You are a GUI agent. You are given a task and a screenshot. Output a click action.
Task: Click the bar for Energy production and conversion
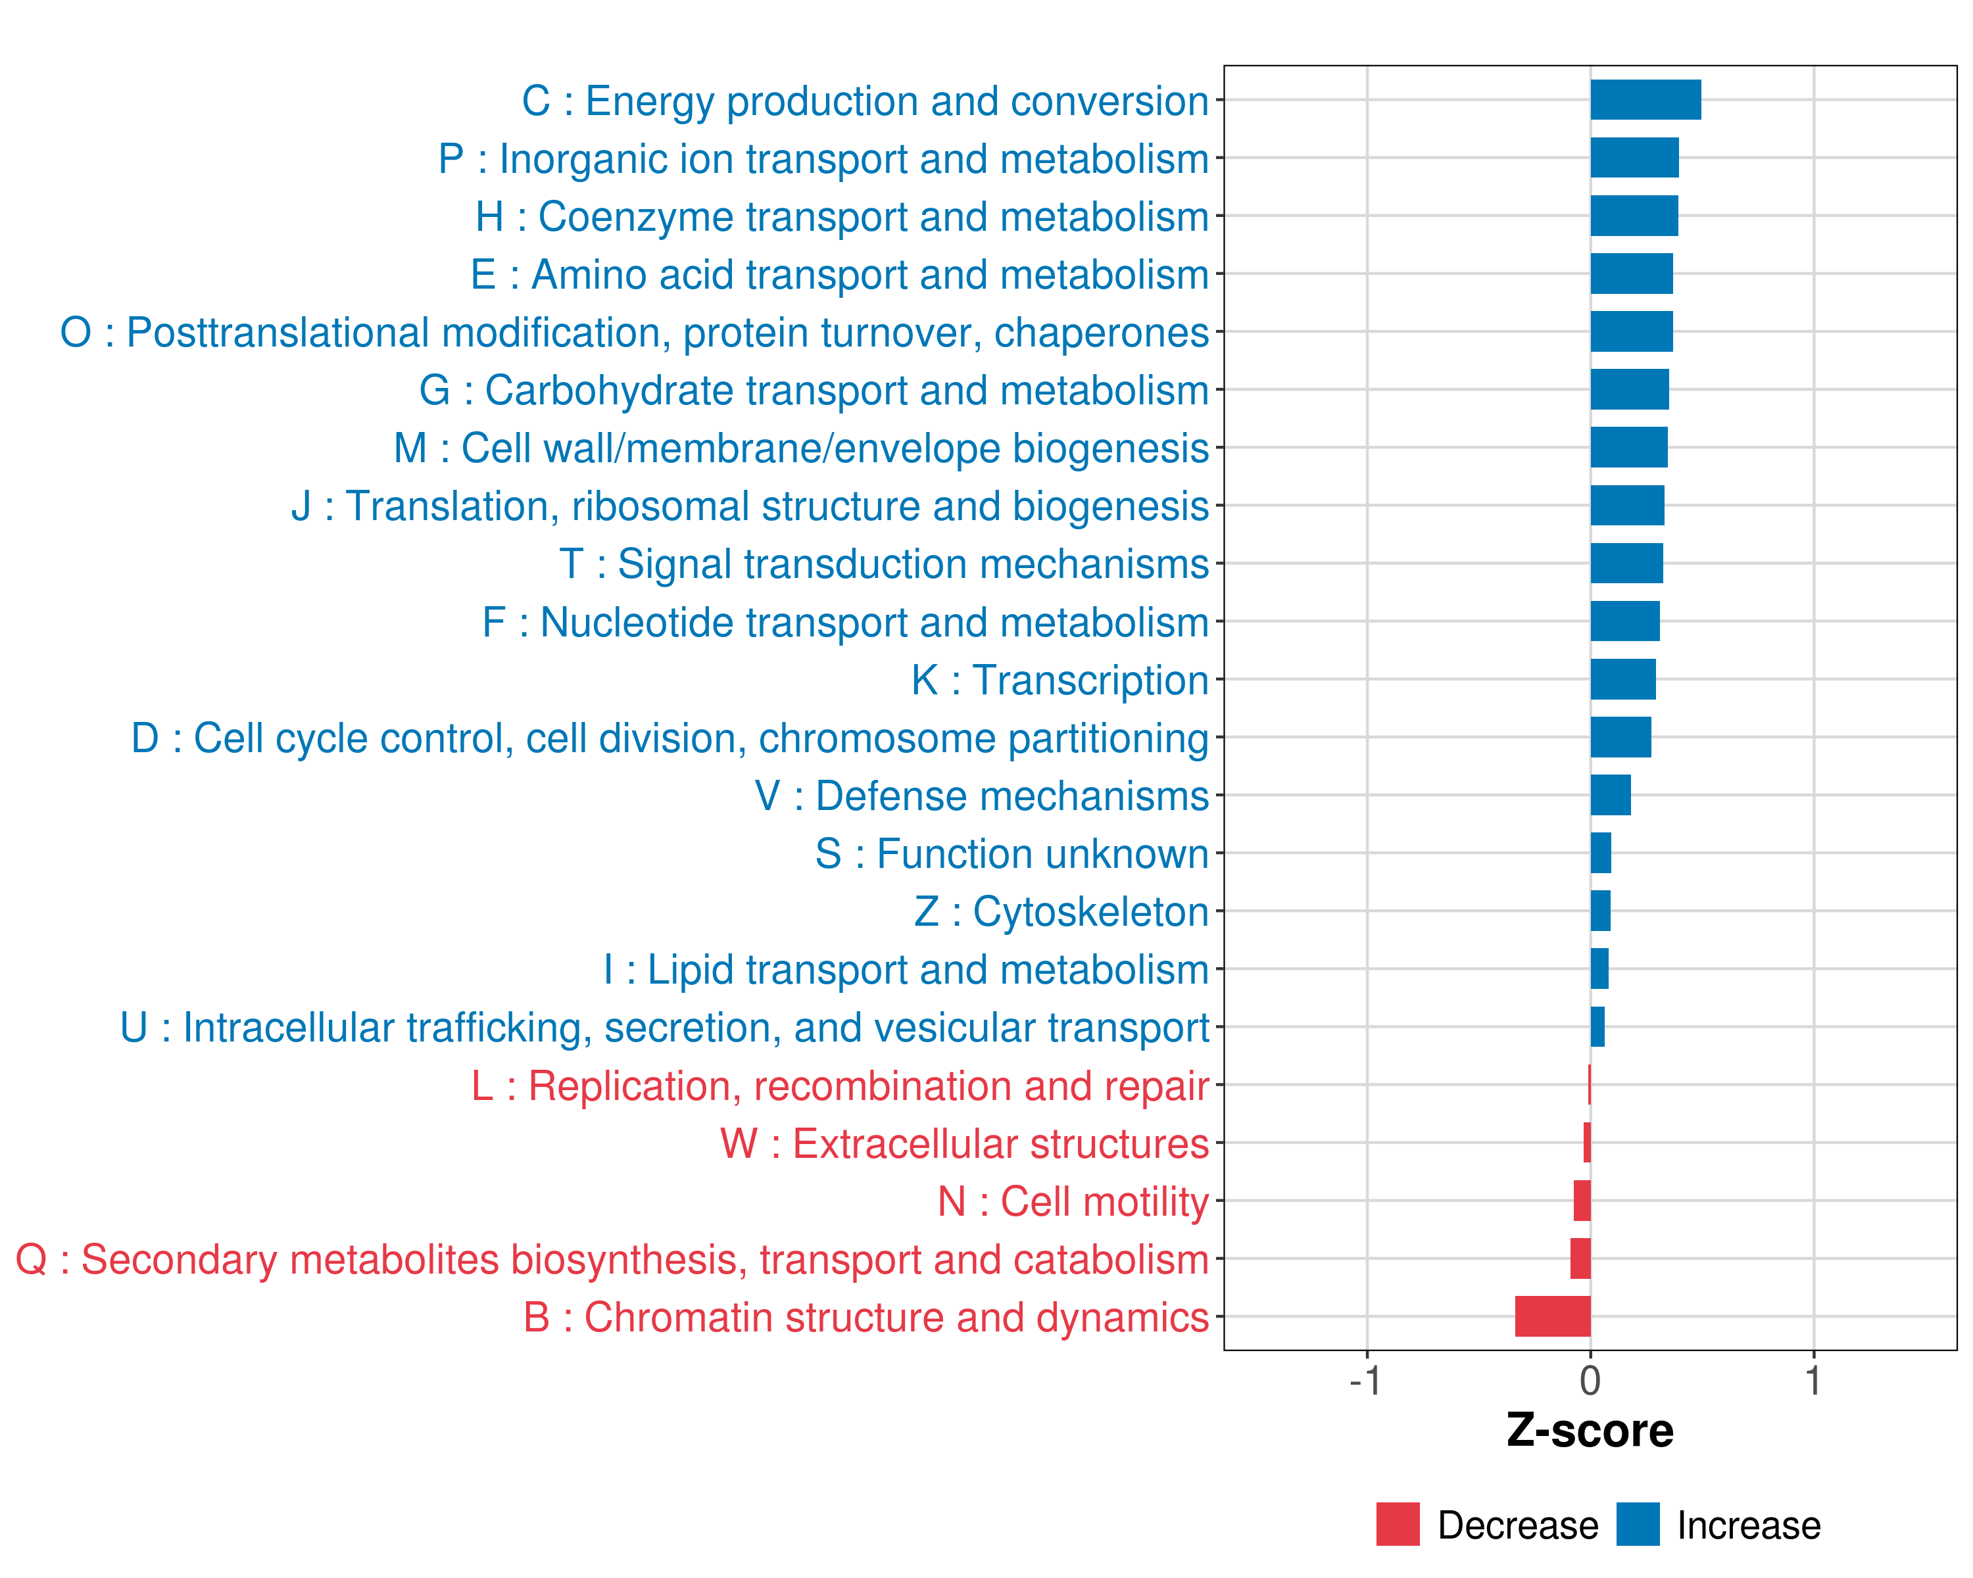point(1645,100)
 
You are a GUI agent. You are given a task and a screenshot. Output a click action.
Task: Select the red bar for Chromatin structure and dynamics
point(1553,1316)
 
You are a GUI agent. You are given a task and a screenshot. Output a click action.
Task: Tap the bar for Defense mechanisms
point(1611,795)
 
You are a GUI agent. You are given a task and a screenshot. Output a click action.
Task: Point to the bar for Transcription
point(1622,679)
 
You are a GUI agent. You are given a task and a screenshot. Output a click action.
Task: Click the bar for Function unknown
point(1601,853)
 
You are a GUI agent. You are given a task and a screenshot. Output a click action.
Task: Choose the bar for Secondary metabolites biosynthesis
point(1580,1258)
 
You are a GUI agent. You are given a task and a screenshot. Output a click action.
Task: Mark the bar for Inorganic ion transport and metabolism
point(1634,157)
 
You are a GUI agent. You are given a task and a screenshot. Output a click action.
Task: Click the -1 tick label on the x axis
point(1365,1380)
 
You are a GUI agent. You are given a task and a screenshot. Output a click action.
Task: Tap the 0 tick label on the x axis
point(1590,1380)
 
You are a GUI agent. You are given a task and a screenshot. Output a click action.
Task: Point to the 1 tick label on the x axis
point(1813,1380)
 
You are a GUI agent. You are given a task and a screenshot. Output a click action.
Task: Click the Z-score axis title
point(1590,1431)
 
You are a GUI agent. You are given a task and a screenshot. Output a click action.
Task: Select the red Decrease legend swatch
point(1398,1524)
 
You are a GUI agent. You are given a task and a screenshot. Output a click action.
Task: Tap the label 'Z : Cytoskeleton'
point(1061,912)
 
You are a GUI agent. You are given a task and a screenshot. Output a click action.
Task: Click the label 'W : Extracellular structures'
point(965,1143)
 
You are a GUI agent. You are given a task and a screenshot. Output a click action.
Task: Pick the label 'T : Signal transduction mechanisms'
point(884,564)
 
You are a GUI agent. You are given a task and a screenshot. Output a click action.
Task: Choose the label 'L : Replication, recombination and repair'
point(840,1086)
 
